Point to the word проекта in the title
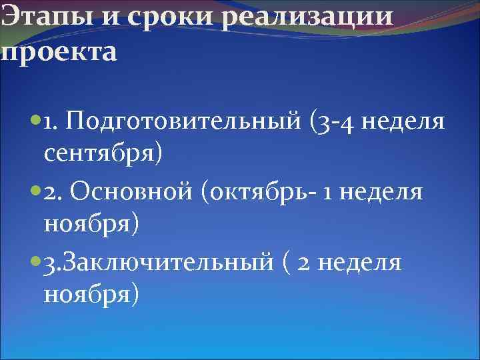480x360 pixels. [x=59, y=52]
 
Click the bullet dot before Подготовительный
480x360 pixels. [x=34, y=122]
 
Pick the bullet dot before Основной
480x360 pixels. [x=34, y=192]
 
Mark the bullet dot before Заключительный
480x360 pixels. [x=34, y=262]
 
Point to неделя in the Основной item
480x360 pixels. [x=385, y=192]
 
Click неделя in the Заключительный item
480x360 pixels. [x=360, y=262]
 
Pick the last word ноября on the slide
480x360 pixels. [x=91, y=295]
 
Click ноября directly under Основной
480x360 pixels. [x=91, y=225]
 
